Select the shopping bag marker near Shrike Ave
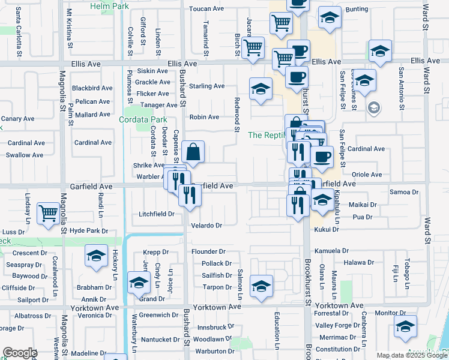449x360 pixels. pyautogui.click(x=193, y=153)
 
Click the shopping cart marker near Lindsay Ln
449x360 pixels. pyautogui.click(x=49, y=213)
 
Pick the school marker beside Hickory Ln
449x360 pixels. pyautogui.click(x=96, y=256)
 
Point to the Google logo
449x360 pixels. pyautogui.click(x=19, y=353)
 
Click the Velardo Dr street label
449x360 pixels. pyautogui.click(x=206, y=226)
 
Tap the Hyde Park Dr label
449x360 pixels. pyautogui.click(x=89, y=230)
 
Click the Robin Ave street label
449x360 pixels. pyautogui.click(x=204, y=117)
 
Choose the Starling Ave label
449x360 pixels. pyautogui.click(x=206, y=86)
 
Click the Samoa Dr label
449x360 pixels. pyautogui.click(x=403, y=192)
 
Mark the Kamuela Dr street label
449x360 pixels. pyautogui.click(x=348, y=251)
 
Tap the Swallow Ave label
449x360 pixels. pyautogui.click(x=25, y=155)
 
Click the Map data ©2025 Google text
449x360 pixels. pyautogui.click(x=411, y=355)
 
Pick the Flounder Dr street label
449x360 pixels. pyautogui.click(x=208, y=251)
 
